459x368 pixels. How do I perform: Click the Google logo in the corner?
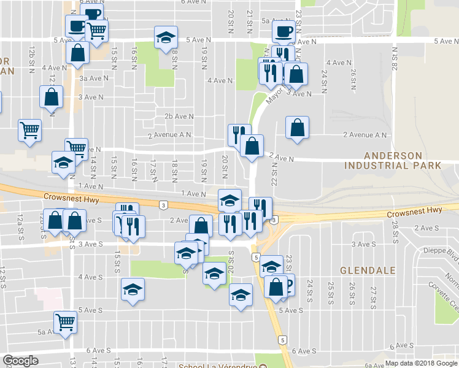[20, 361]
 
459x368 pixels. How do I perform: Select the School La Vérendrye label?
[217, 366]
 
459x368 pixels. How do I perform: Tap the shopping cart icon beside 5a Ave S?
[64, 321]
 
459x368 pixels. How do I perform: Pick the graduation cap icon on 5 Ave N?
[166, 37]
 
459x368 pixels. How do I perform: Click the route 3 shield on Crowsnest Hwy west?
[163, 205]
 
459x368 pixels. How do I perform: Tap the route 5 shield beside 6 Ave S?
[282, 339]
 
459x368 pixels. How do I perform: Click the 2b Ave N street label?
[179, 116]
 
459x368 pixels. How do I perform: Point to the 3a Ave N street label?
[90, 79]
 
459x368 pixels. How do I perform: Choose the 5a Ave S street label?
[47, 332]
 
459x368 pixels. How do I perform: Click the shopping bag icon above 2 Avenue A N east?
[297, 128]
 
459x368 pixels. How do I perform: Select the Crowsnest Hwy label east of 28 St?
[414, 210]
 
